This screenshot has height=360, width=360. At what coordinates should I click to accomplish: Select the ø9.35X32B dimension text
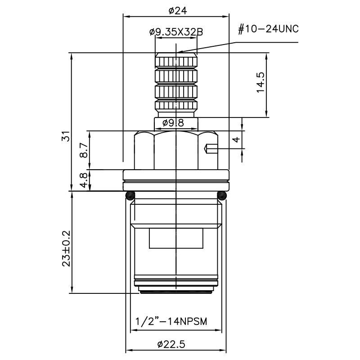tap(176, 32)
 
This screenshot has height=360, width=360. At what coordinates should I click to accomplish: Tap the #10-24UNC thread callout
tap(268, 30)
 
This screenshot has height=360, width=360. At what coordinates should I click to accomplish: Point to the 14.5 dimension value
tap(261, 83)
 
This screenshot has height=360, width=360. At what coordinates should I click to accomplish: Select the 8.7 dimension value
tap(84, 150)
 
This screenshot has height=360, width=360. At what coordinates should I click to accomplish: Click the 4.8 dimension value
tap(84, 180)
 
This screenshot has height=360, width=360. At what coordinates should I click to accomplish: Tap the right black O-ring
tap(222, 195)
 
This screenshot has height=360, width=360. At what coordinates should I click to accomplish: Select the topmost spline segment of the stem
tap(176, 61)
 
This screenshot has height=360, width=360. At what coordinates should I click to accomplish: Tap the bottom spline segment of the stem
tap(176, 107)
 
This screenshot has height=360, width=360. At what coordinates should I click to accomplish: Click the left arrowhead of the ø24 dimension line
tap(126, 17)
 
